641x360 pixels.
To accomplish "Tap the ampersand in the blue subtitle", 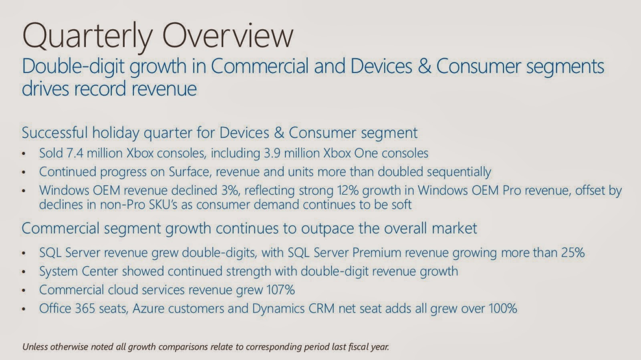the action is pos(424,66).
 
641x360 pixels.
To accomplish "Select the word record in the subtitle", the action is pos(100,88).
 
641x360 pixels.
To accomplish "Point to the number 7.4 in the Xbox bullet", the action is pos(75,153).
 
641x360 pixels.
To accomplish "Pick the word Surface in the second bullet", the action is pos(190,171).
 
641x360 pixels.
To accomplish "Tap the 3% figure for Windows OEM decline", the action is pos(230,191).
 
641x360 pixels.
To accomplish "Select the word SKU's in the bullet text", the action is pos(163,205).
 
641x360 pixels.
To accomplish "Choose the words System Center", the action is pos(79,271).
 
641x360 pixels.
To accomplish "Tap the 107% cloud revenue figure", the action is pos(280,290).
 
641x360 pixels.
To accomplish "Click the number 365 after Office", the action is pos(85,308).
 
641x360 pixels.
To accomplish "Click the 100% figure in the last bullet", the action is pos(503,308).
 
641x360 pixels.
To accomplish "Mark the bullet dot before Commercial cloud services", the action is pos(24,291).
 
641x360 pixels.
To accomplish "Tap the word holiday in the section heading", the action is pos(116,133).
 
